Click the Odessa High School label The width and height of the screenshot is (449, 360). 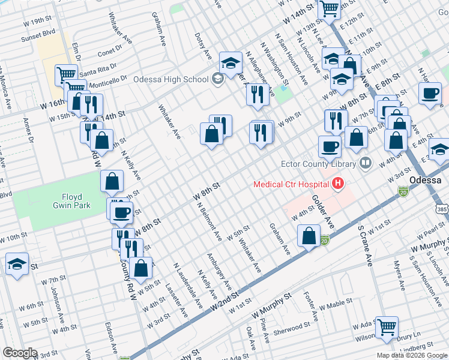170,79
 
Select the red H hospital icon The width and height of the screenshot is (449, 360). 338,184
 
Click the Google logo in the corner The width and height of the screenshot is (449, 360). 20,353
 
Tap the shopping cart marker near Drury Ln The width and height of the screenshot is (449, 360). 387,326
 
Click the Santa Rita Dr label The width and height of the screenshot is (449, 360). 96,71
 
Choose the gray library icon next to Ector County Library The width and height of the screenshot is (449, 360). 365,163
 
